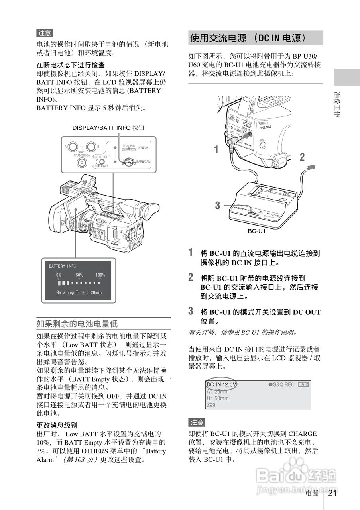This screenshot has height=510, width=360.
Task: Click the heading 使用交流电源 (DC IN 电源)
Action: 248,38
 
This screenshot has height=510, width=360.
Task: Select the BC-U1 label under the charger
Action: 257,231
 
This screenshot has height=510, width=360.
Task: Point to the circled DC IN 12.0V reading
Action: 221,384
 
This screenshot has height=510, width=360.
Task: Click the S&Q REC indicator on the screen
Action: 281,384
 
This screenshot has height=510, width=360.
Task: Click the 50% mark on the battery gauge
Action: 79,275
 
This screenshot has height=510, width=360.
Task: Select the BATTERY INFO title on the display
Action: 63,266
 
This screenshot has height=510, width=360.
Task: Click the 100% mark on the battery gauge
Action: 100,275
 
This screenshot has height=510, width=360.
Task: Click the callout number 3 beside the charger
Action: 217,206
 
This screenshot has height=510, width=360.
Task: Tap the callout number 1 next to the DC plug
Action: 216,150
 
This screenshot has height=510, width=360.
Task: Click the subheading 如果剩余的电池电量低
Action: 77,323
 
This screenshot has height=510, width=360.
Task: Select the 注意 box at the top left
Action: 45,33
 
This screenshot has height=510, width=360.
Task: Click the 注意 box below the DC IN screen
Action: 197,422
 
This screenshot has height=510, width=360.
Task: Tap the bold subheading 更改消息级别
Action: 57,425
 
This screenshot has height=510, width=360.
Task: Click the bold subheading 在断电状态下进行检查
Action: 71,65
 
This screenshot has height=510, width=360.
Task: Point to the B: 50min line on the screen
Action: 218,398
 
